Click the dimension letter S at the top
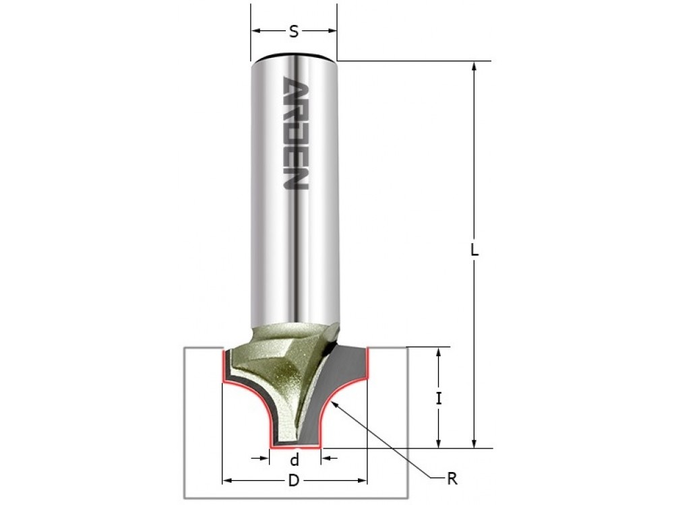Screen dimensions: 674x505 coord(294,32)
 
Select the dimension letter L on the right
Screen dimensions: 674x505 coord(474,250)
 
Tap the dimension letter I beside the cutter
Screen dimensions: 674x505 coord(439,399)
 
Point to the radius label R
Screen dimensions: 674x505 coord(452,479)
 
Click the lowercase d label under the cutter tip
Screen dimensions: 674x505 coord(295,460)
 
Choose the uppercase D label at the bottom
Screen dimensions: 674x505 coord(294,481)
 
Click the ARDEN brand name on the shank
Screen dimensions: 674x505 coord(295,133)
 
